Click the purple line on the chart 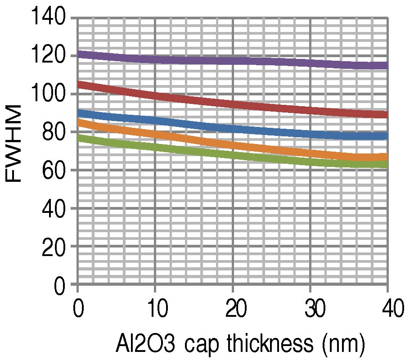coord(232,60)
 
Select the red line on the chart coord(232,105)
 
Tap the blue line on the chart coord(232,129)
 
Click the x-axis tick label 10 coord(155,311)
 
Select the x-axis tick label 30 coord(310,311)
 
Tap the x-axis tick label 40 coord(387,311)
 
